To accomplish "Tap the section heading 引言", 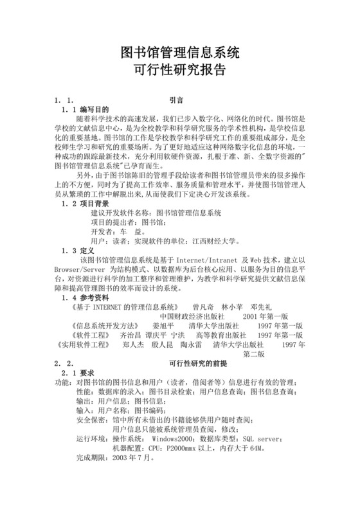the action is tap(177, 101).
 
